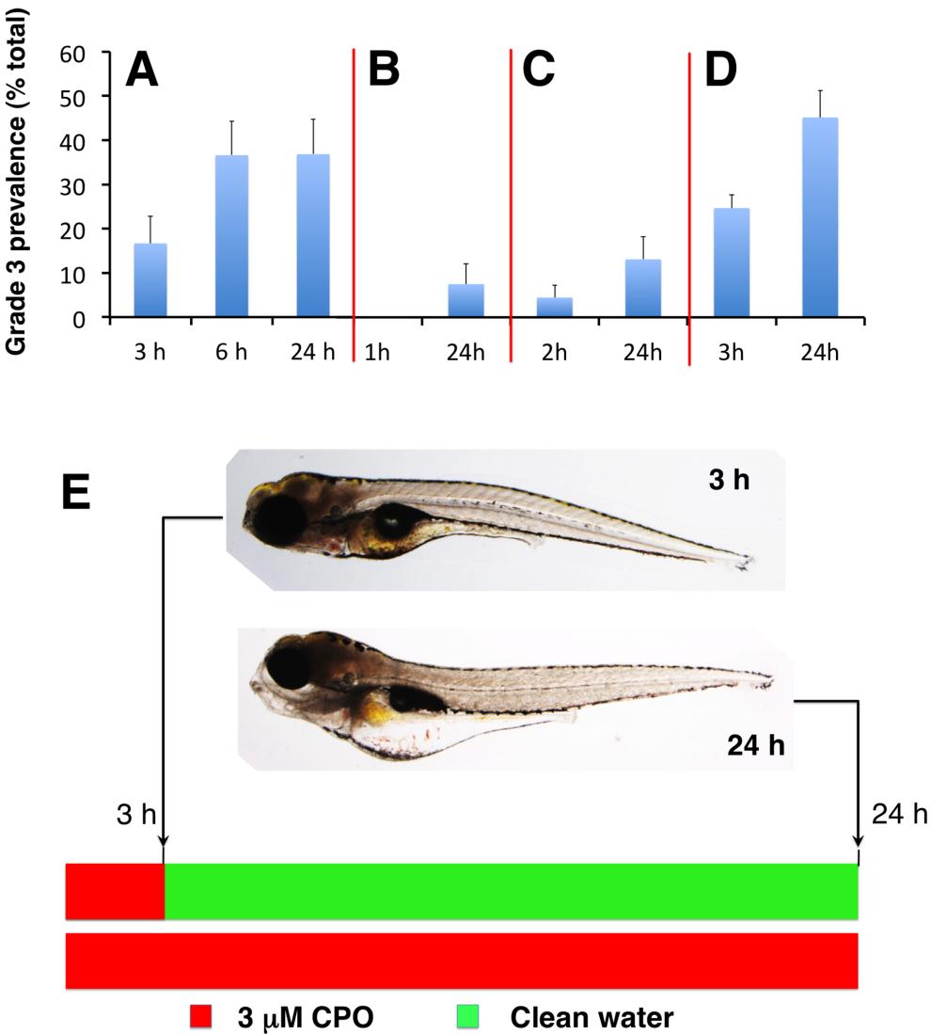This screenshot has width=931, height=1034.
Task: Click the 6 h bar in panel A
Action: click(x=231, y=236)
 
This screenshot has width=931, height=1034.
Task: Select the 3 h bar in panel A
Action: click(x=150, y=280)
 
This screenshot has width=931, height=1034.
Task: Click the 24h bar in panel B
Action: click(x=465, y=301)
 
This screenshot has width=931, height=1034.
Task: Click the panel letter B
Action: click(x=384, y=70)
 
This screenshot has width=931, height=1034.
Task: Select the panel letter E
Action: click(x=78, y=491)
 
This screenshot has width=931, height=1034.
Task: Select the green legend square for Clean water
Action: click(x=470, y=1016)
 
